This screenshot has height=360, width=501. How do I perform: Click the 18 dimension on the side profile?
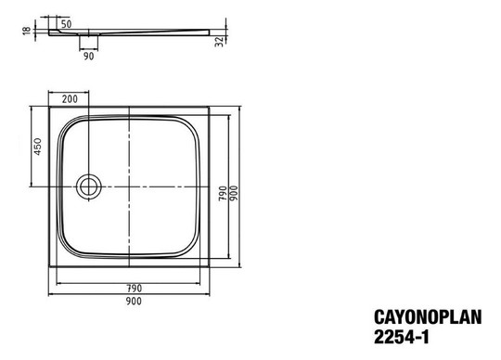tap(25, 31)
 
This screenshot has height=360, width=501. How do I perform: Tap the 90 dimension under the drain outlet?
tap(89, 55)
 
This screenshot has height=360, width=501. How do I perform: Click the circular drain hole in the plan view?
tap(91, 186)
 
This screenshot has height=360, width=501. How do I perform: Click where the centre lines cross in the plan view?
tap(127, 186)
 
